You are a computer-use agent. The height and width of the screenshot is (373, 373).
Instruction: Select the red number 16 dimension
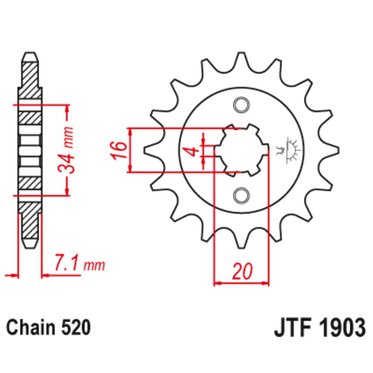tap(119, 150)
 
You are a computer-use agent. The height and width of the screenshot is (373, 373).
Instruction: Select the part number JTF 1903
tap(319, 328)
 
